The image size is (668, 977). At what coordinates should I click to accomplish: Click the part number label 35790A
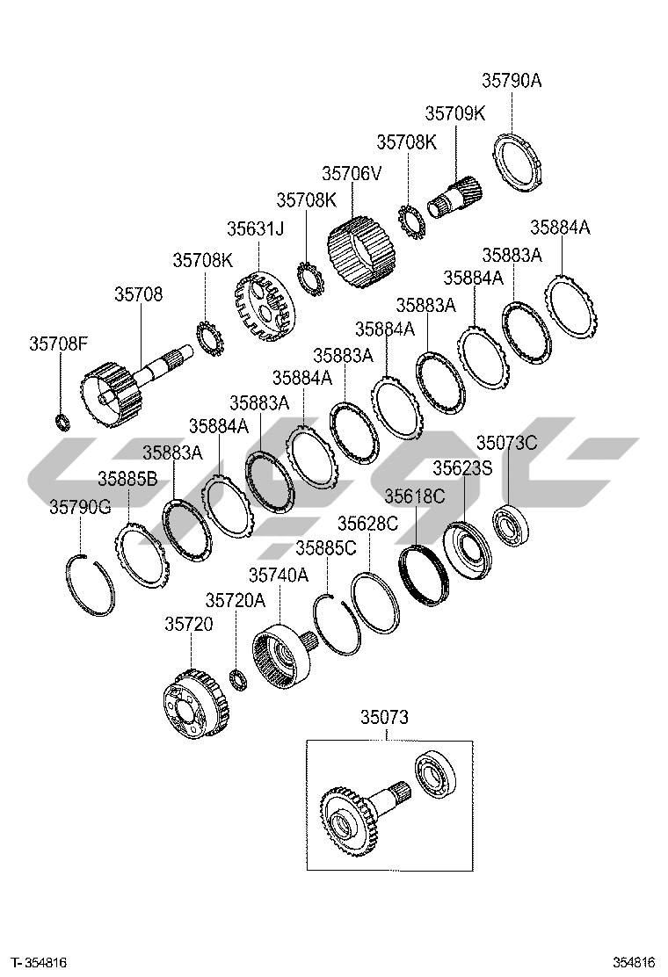click(x=511, y=82)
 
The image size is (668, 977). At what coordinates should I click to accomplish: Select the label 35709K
click(x=454, y=113)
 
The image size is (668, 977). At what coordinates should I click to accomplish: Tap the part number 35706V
click(x=352, y=173)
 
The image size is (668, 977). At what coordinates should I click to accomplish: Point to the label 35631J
click(x=256, y=228)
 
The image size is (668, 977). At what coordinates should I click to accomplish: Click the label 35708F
click(x=59, y=344)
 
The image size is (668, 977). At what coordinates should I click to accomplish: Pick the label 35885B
click(x=127, y=479)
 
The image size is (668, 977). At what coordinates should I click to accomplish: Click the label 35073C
click(x=506, y=442)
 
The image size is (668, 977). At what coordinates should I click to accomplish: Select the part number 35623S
click(x=462, y=468)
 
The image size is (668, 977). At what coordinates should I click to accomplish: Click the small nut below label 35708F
click(x=62, y=422)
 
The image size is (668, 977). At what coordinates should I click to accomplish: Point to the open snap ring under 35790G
click(x=91, y=583)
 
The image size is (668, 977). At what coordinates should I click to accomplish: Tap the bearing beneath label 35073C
click(x=509, y=527)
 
